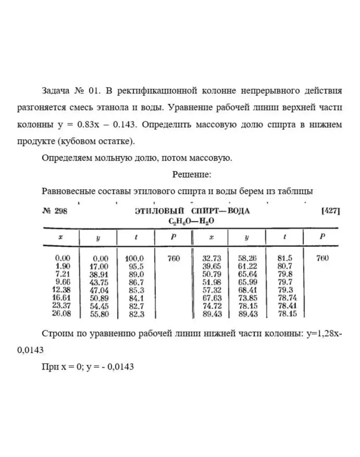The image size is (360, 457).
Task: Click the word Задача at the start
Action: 55,91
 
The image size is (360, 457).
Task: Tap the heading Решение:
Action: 192,174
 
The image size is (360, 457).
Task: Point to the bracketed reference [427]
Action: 331,211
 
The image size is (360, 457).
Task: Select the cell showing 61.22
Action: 248,267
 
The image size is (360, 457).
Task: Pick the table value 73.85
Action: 248,298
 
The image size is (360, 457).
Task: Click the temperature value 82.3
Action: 136,314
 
